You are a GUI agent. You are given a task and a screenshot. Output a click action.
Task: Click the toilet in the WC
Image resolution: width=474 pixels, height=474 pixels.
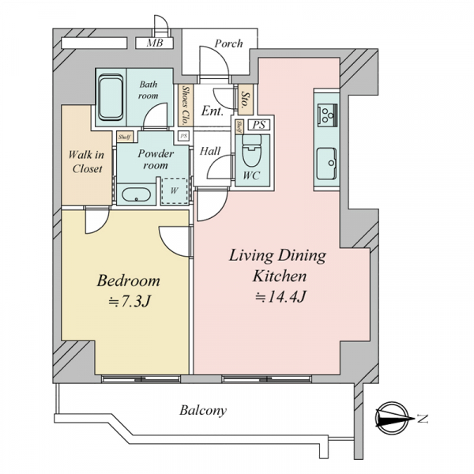(x=252, y=150)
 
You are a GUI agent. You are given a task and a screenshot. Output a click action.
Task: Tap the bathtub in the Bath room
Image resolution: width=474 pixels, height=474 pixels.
(x=111, y=98)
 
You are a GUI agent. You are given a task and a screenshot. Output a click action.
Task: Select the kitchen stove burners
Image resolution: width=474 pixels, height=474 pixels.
(x=327, y=114)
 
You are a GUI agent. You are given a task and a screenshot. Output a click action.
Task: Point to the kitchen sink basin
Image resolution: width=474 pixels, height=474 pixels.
(x=326, y=164)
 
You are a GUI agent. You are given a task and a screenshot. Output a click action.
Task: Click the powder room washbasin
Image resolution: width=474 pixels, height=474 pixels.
(x=136, y=194)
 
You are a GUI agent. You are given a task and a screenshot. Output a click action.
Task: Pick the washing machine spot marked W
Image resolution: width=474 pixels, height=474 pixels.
(x=175, y=190)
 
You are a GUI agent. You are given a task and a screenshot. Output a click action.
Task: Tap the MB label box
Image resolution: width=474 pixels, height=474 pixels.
(x=154, y=43)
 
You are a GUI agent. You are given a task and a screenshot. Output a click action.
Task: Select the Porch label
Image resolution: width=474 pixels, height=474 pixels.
(x=228, y=43)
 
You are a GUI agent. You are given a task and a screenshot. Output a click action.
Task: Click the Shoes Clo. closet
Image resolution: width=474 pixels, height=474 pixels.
(x=185, y=105)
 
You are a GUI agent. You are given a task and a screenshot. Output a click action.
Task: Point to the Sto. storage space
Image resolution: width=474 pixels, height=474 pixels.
(x=246, y=100)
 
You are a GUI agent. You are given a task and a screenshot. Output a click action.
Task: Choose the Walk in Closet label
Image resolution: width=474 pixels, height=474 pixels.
(x=87, y=161)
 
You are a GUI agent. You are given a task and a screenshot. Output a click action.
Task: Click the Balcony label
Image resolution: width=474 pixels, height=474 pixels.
(x=203, y=410)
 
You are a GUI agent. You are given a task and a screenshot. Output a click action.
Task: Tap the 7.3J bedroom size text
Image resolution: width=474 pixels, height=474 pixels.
(x=130, y=301)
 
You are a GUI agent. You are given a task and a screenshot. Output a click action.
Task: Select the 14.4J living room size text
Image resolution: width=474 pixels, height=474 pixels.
(x=281, y=297)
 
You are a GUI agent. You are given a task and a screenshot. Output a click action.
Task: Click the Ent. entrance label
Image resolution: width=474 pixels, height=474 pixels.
(x=213, y=111)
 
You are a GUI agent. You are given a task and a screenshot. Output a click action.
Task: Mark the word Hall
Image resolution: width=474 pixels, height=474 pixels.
(x=210, y=151)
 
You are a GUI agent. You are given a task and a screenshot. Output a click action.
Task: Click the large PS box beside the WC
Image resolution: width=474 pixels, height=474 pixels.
(x=259, y=125)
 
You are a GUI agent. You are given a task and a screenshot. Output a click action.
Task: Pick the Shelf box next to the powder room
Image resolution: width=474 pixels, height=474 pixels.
(x=125, y=137)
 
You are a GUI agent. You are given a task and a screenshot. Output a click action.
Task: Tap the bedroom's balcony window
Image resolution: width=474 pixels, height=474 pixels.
(x=141, y=378)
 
